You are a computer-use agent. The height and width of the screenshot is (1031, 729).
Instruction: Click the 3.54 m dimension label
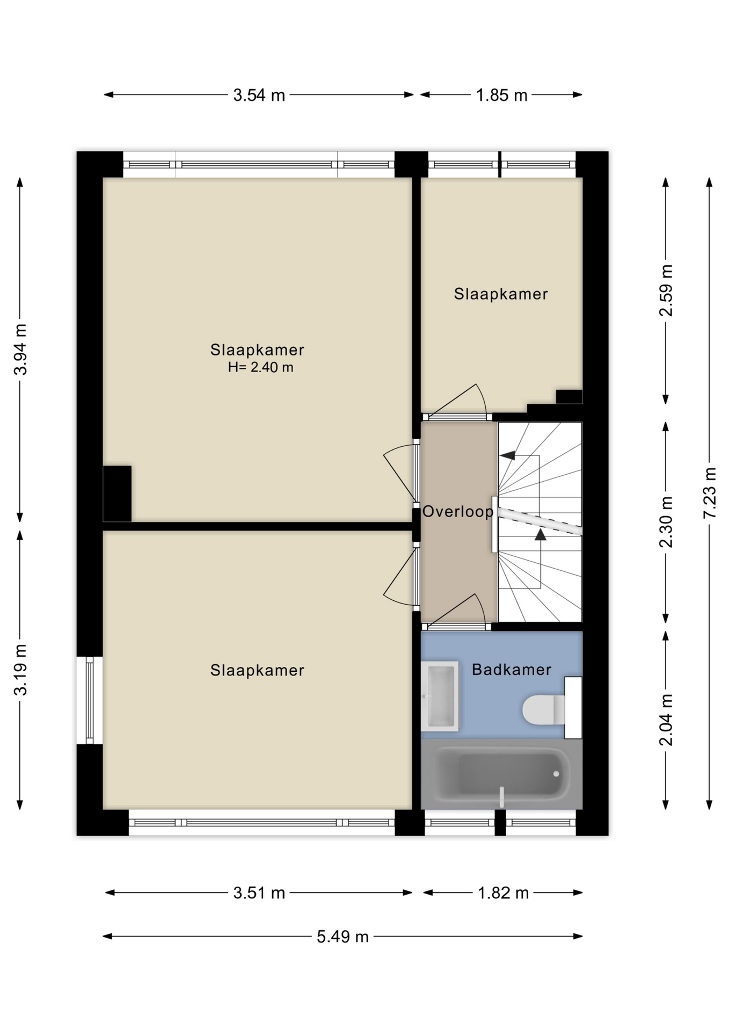coord(259,95)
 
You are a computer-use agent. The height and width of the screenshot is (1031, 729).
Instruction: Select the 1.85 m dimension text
coord(501,95)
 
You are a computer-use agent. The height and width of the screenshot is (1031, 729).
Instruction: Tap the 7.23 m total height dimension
coord(710,492)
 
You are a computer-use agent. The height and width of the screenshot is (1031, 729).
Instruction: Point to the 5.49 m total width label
coord(342,936)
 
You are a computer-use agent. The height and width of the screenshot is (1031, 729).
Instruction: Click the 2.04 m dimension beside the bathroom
coord(666,720)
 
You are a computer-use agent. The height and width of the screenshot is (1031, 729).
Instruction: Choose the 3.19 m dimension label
coord(20,670)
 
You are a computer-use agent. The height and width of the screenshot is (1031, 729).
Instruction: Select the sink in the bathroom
coord(440,696)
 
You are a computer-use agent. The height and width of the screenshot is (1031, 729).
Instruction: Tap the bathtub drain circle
coord(556,774)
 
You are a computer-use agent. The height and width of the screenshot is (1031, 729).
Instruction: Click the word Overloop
coord(457,512)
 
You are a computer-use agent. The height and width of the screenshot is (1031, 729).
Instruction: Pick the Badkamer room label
coord(511,670)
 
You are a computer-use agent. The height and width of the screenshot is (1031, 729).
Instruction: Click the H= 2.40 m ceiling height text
coord(260,367)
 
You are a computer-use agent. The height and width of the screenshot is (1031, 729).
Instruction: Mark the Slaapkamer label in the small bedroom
coord(501,294)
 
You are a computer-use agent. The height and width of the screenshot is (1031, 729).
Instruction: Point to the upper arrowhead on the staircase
coord(507,455)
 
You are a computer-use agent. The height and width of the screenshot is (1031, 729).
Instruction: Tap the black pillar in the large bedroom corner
coord(117,493)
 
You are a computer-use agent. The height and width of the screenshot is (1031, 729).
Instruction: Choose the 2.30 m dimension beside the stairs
coord(666,521)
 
